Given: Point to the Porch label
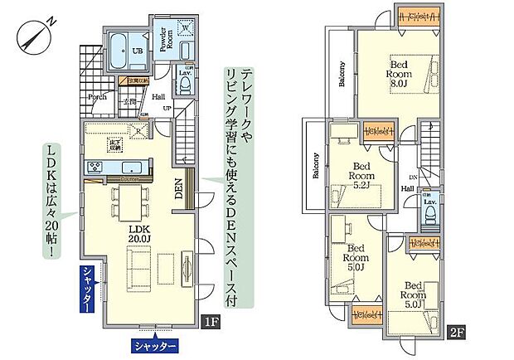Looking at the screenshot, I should tap(98, 96).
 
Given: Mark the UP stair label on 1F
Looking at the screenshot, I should tap(167, 109).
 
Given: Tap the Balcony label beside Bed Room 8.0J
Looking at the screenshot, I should tap(342, 75).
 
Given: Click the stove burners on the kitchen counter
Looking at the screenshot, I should tap(94, 167).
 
